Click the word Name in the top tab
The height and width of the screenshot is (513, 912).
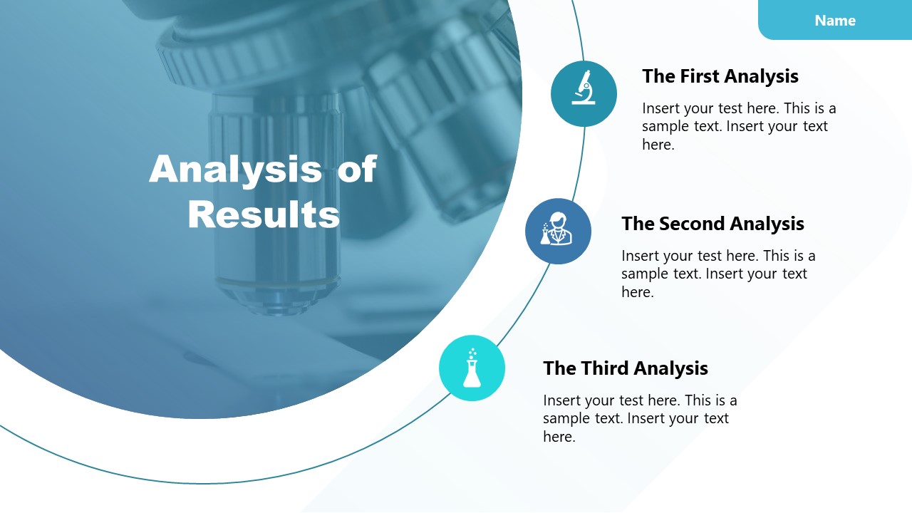tap(835, 21)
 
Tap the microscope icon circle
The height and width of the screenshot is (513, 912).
tap(584, 94)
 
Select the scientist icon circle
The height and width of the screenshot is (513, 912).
tap(558, 231)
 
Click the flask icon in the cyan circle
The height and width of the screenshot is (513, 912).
tap(472, 368)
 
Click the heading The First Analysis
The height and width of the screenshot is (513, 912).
tap(720, 76)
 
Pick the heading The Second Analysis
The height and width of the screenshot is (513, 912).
tap(712, 224)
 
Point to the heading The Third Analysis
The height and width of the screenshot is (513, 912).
tap(625, 368)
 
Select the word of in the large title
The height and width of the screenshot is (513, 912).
tap(356, 170)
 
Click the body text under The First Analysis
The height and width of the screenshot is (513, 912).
tap(737, 127)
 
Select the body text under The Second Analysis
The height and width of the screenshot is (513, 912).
tap(717, 274)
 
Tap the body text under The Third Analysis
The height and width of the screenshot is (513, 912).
tap(638, 418)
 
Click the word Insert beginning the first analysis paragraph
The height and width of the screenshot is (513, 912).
tap(660, 109)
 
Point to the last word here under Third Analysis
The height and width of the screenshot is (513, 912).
tap(559, 437)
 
